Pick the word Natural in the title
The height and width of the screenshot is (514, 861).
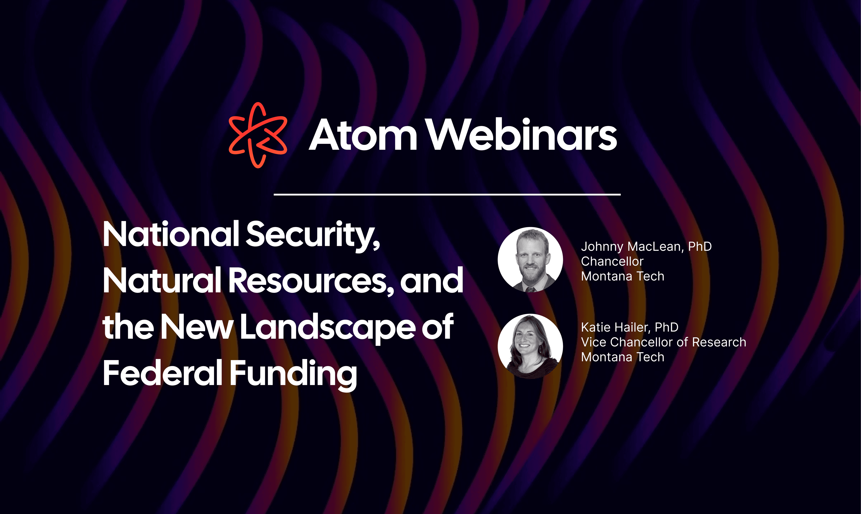(162, 280)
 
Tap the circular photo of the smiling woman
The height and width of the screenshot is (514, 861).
(530, 346)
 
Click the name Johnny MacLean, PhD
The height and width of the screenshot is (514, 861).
(646, 247)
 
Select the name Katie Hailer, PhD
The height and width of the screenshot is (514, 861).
(629, 327)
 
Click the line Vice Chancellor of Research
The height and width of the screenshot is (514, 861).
(663, 342)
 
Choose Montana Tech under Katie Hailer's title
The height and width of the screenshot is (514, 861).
(623, 357)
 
